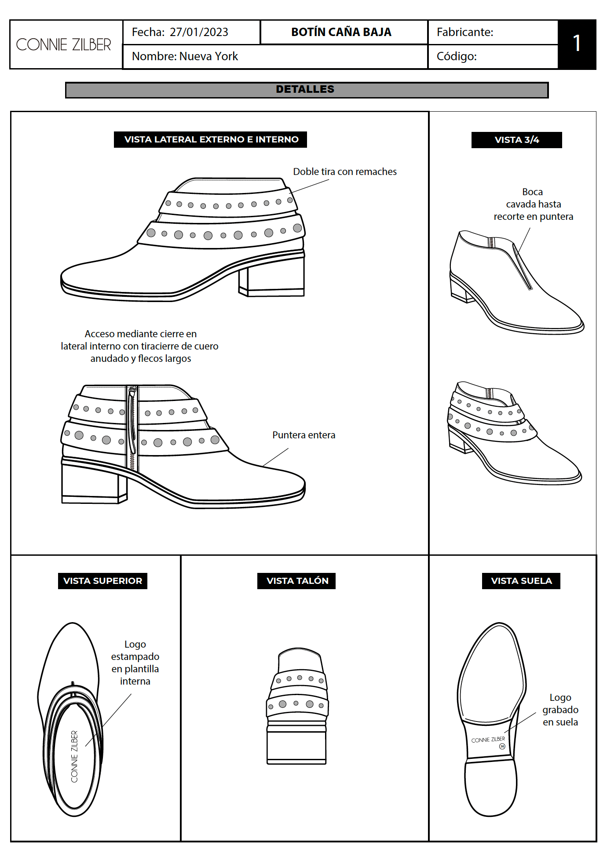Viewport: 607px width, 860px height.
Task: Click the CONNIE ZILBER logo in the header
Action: (x=64, y=45)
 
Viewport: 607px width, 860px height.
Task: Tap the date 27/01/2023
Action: (x=199, y=32)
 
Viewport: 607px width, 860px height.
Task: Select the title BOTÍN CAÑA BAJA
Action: (x=341, y=32)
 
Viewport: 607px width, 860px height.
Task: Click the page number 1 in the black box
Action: (x=577, y=44)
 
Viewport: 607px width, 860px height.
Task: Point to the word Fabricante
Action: (x=464, y=32)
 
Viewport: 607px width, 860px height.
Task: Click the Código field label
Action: (x=457, y=56)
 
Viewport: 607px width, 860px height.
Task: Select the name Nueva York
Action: (x=208, y=56)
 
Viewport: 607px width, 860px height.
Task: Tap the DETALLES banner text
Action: (x=305, y=89)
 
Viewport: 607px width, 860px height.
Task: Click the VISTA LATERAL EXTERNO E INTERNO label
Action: (x=211, y=139)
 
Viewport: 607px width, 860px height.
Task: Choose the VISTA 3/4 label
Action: (x=517, y=140)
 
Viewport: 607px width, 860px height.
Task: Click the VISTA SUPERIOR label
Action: (x=102, y=581)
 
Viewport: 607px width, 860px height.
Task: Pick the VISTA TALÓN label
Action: (x=297, y=581)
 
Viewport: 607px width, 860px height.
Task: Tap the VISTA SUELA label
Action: (x=521, y=581)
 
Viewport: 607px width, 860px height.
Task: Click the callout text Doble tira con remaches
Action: (x=345, y=171)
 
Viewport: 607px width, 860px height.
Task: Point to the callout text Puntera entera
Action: (x=303, y=435)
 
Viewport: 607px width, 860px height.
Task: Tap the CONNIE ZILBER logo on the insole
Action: (x=74, y=757)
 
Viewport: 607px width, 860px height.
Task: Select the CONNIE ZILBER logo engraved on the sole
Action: (x=488, y=740)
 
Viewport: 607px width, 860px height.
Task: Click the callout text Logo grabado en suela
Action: (x=560, y=710)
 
